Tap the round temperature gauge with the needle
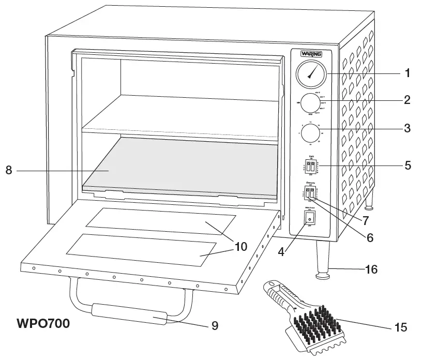[x=311, y=74]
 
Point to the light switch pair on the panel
[x=310, y=167]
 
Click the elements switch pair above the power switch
[x=310, y=193]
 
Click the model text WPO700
[x=43, y=324]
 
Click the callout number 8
[x=9, y=170]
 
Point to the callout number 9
[x=214, y=325]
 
